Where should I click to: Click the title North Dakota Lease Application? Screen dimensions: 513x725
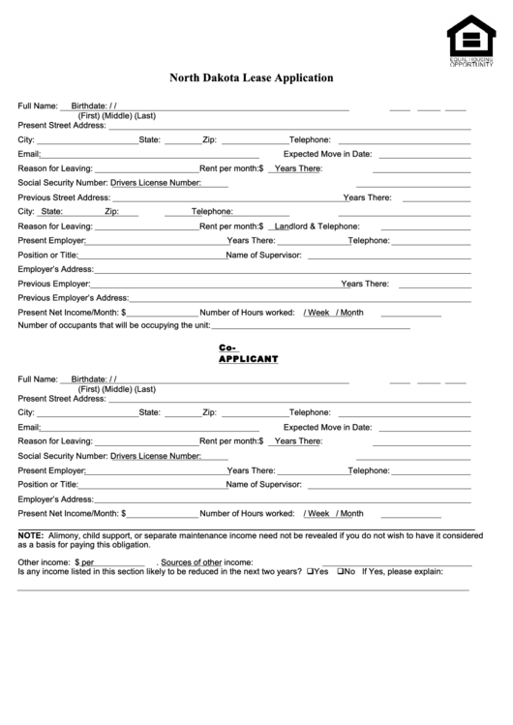point(252,77)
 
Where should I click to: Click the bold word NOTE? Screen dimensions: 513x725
point(30,534)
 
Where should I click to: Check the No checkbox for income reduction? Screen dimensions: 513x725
point(341,571)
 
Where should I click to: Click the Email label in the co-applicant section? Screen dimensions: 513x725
point(28,426)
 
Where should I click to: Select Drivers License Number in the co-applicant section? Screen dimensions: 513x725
point(155,455)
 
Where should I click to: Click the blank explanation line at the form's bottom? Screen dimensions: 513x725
point(242,589)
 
